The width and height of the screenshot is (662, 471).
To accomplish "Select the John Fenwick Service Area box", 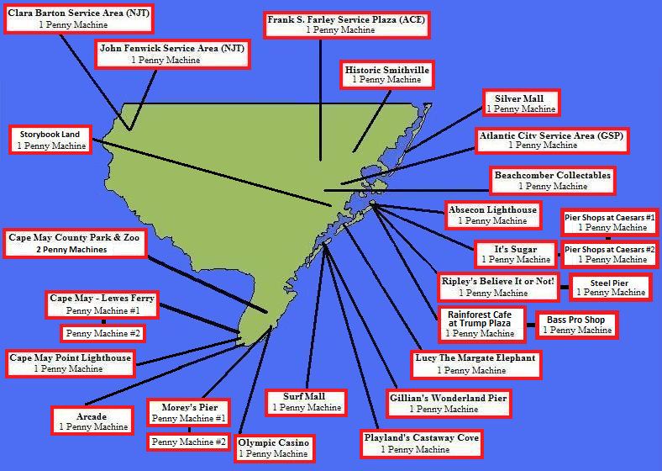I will tap(171, 54).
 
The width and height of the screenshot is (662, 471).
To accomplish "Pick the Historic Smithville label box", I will tap(386, 74).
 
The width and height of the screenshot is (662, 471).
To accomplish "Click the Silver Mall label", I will tap(520, 103).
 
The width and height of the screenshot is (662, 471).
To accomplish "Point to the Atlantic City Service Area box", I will tap(551, 140).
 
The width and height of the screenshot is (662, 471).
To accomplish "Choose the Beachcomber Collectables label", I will tap(552, 180).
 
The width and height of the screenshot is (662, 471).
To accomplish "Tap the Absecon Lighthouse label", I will tap(492, 215).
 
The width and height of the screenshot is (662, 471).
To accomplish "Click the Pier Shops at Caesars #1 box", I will tap(610, 222).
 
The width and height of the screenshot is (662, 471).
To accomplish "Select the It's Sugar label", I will tap(516, 254).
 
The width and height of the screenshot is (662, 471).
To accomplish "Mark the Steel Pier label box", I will tap(610, 287).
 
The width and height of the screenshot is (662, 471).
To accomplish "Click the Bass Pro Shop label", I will tap(575, 325).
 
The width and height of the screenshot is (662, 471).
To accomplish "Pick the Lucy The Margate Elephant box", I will tap(475, 363).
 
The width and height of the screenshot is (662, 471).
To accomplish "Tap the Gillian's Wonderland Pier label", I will tap(449, 403).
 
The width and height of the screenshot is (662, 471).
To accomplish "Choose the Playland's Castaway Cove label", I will tap(421, 443).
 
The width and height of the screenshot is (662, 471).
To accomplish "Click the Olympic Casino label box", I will tap(273, 447).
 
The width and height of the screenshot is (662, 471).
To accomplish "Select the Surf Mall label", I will tap(306, 402).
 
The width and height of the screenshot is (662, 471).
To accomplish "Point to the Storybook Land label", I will tap(50, 140).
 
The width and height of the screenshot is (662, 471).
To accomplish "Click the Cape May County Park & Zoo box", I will tap(76, 243).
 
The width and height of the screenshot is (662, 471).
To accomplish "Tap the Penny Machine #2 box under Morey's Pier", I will tap(188, 442).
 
